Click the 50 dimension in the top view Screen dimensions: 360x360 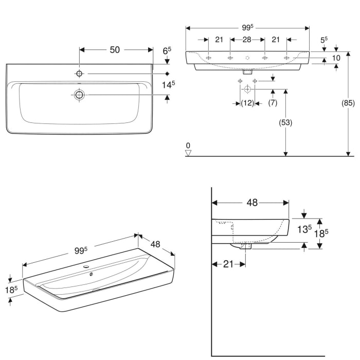[x=114, y=49]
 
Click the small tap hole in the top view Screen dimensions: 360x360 [x=79, y=74]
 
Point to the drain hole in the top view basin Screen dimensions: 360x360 [x=79, y=95]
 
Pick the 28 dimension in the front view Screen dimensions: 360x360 [x=247, y=40]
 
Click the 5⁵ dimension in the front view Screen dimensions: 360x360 [x=323, y=40]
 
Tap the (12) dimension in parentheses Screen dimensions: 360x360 [x=248, y=103]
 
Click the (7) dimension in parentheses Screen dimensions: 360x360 [x=273, y=103]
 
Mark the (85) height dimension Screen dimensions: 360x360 [x=348, y=103]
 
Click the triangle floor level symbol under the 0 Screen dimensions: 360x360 [x=188, y=152]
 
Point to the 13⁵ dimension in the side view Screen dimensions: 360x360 [x=303, y=229]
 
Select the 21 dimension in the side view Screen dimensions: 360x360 [x=229, y=264]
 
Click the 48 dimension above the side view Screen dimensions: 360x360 [x=251, y=203]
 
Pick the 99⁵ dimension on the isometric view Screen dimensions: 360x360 [x=80, y=250]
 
